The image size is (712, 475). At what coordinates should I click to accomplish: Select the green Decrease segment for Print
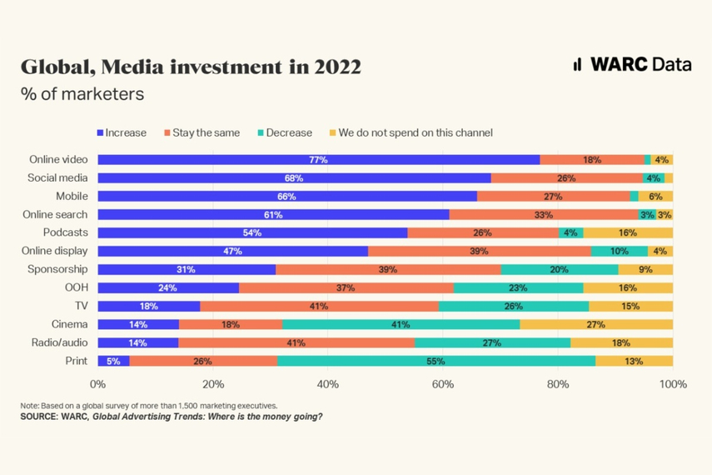coord(436,361)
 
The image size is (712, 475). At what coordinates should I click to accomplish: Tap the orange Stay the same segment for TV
coord(319,306)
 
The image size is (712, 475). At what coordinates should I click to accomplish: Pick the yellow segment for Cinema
coord(596,324)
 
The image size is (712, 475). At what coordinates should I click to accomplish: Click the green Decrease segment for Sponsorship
coord(560,269)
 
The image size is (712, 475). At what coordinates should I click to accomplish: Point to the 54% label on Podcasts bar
coord(252,232)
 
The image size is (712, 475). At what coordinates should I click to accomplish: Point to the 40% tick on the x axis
coord(328,384)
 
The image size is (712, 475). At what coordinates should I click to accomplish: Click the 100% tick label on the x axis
coord(672,384)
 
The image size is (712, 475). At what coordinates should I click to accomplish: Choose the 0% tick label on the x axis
coord(98,384)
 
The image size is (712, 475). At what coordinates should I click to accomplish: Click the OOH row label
coord(76,287)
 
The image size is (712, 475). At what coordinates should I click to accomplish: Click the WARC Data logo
coord(632,65)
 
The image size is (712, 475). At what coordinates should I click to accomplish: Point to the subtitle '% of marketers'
coord(82,94)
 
